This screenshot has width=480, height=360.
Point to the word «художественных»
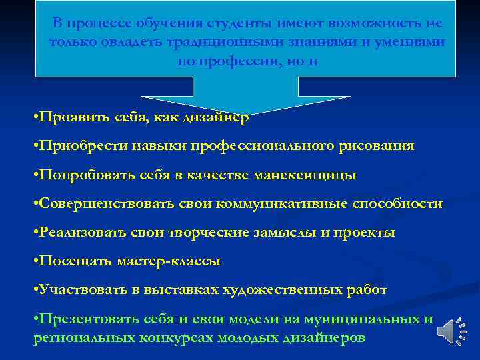(x=291, y=290)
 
